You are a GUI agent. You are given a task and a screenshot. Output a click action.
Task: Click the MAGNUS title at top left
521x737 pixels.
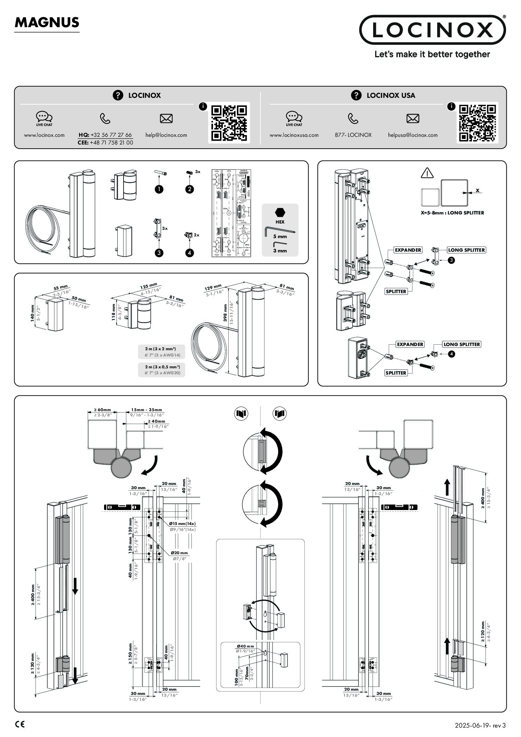[47, 23]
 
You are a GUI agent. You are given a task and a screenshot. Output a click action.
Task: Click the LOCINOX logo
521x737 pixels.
[432, 30]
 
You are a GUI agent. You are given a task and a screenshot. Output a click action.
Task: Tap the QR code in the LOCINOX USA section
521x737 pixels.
[477, 123]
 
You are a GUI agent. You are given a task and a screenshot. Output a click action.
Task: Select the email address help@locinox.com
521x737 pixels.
[166, 135]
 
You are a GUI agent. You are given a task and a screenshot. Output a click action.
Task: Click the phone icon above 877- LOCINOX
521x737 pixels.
[353, 119]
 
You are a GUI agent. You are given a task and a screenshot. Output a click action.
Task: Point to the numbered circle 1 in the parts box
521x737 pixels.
[159, 189]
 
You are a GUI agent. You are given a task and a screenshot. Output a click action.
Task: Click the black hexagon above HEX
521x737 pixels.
[280, 212]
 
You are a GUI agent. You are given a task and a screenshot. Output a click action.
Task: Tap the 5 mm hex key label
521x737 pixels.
[280, 236]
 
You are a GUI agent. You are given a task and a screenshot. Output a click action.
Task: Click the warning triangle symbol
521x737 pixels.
[427, 173]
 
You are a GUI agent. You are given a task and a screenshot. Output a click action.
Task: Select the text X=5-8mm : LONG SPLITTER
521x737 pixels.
[452, 213]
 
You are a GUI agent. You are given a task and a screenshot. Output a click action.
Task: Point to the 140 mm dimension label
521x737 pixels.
[33, 313]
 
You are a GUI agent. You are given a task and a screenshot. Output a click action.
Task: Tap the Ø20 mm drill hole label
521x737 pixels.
[179, 553]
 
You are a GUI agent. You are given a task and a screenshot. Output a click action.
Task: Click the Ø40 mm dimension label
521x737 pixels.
[245, 646]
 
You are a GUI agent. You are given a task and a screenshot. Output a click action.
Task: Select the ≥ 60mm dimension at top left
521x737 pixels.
[102, 410]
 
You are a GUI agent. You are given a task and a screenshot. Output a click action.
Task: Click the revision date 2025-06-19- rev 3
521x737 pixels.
[480, 726]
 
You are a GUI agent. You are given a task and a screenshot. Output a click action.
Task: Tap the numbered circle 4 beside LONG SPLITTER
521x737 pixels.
[451, 354]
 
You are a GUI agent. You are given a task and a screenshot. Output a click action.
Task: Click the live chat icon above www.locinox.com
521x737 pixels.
[44, 118]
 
